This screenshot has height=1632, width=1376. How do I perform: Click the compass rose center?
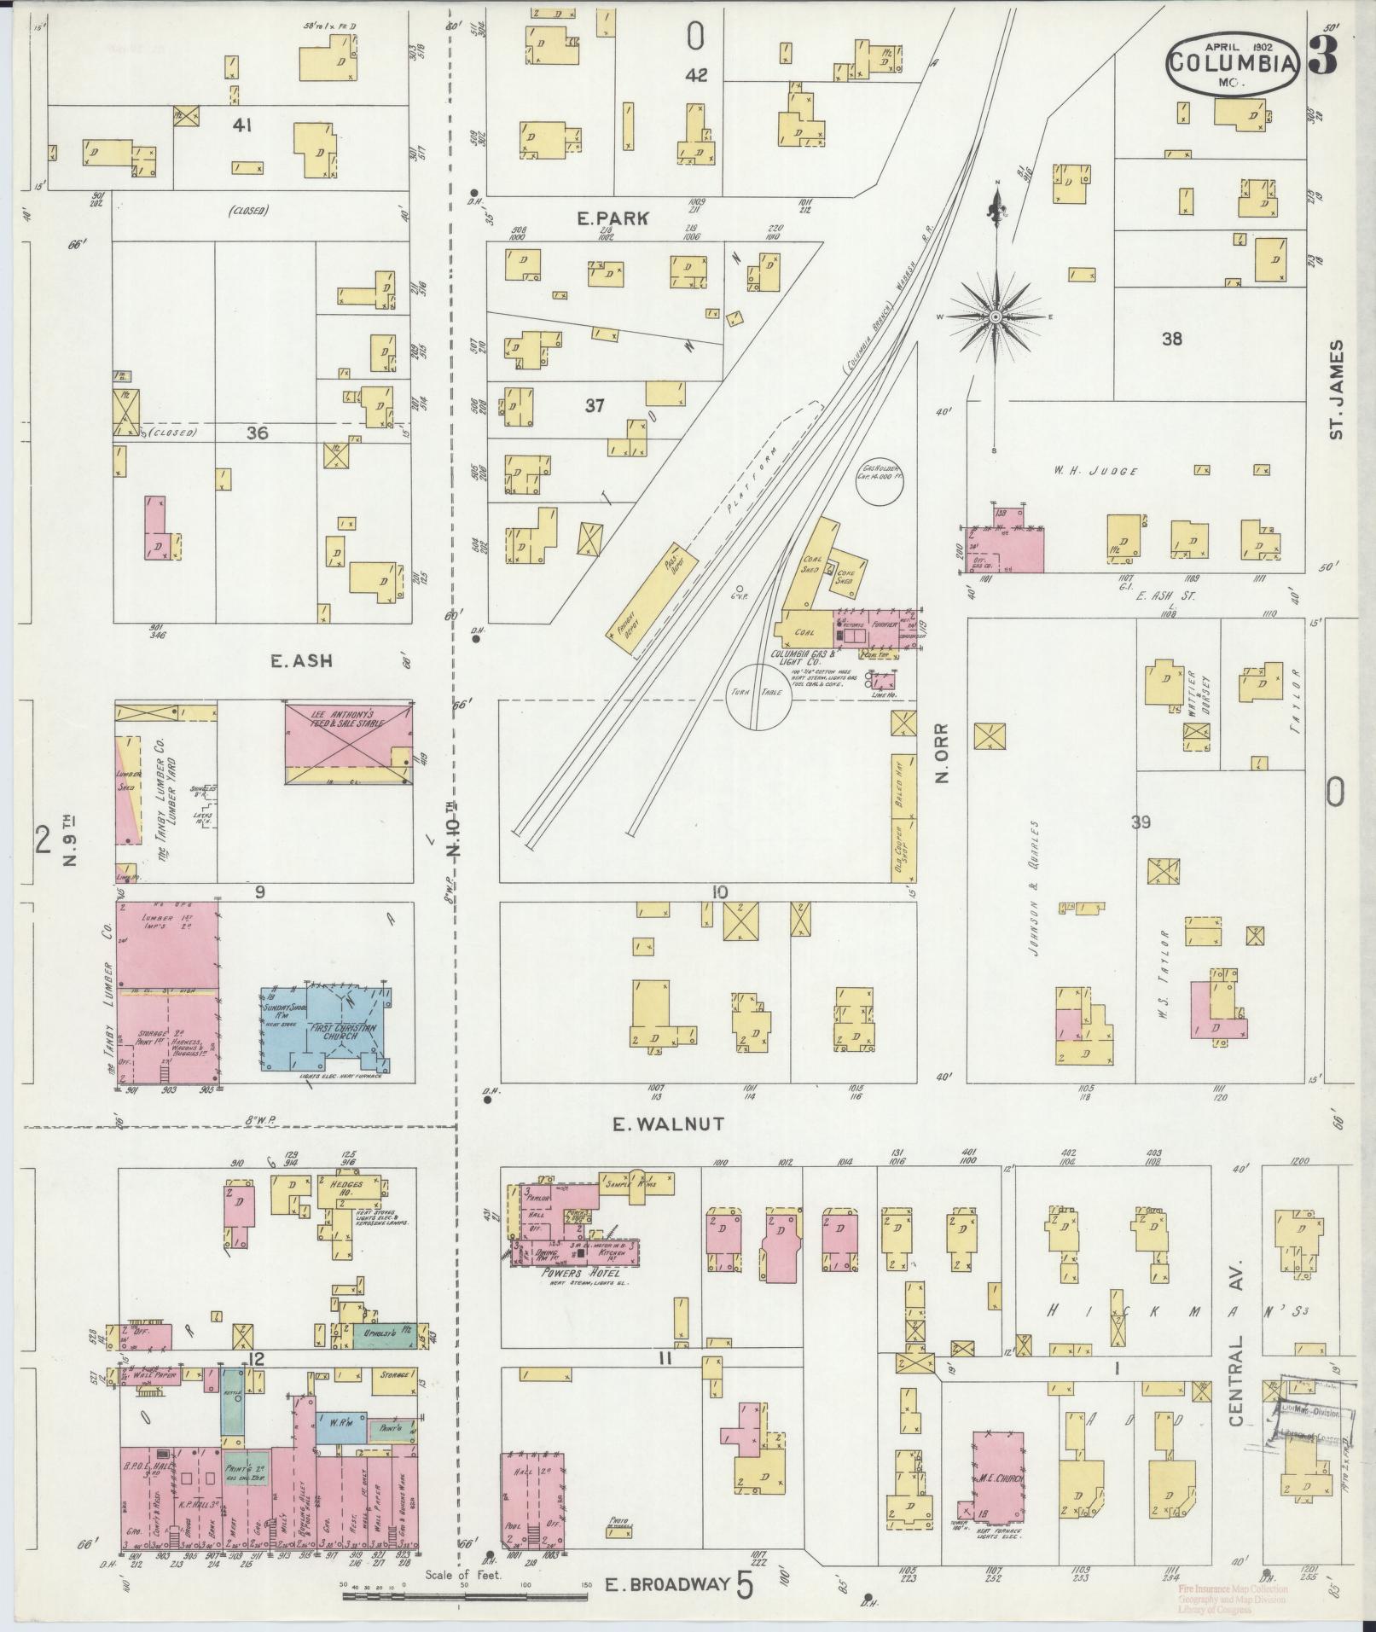pos(995,317)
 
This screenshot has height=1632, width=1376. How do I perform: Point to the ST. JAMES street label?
pos(1336,390)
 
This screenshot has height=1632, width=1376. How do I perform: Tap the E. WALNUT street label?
pos(669,1124)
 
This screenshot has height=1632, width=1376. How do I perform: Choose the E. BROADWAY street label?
pos(668,1585)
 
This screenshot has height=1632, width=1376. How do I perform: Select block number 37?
pos(595,406)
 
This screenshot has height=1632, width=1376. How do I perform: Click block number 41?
pos(241,126)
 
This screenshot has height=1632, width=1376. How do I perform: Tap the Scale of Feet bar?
pos(465,1593)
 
